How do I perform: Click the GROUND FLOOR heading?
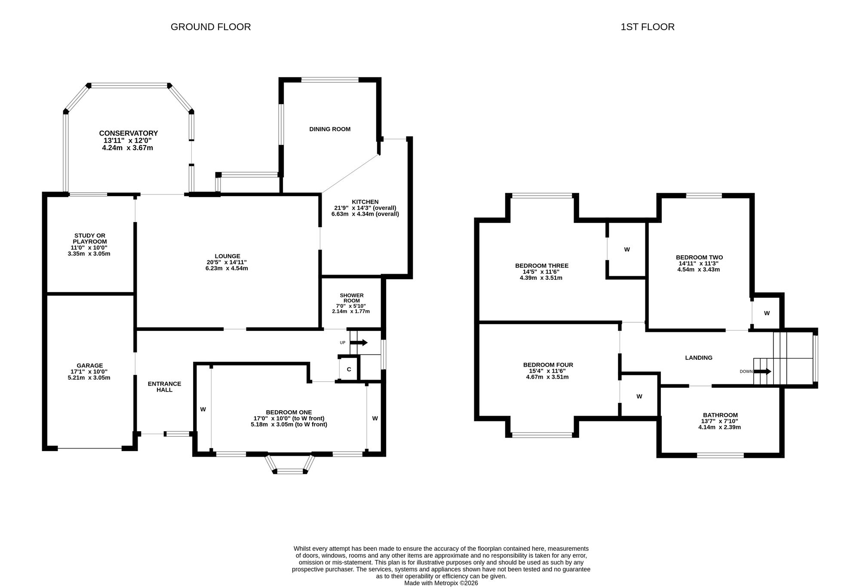click(211, 27)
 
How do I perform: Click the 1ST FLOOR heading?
click(648, 27)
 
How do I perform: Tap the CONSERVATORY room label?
click(129, 133)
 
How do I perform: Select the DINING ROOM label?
click(330, 129)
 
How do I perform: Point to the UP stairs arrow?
click(359, 343)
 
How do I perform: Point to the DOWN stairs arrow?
click(762, 371)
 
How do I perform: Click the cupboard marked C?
click(349, 369)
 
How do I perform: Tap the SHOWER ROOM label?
click(352, 298)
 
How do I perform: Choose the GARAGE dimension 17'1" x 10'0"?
click(90, 372)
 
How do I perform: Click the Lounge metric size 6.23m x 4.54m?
click(227, 268)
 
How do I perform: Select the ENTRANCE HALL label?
click(164, 387)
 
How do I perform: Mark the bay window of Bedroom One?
click(290, 464)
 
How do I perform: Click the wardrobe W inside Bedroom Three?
click(627, 250)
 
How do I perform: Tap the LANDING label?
click(699, 358)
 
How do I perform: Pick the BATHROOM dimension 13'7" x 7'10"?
click(720, 421)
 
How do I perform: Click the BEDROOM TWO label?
click(699, 258)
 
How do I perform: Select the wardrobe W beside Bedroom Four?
click(639, 396)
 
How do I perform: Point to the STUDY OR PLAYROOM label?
click(89, 238)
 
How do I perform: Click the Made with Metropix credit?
click(441, 583)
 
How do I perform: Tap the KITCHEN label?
click(365, 202)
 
